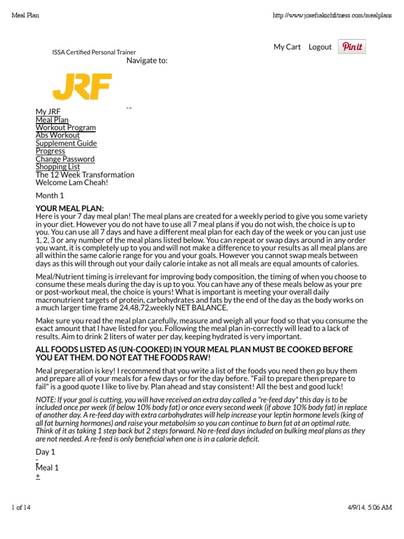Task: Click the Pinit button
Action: coord(352,47)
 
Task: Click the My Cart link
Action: coord(287,47)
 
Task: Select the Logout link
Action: coord(320,47)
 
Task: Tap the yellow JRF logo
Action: coord(82,87)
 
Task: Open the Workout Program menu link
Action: coord(66,127)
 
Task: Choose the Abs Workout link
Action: coord(58,135)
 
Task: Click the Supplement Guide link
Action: coord(66,143)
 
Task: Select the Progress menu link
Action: coord(50,151)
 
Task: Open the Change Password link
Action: coord(65,159)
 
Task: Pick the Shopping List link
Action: coord(58,167)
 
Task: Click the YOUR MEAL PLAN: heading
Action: coord(70,208)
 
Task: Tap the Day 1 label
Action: coord(45,452)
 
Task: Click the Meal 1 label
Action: coord(47,468)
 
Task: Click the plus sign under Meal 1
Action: coord(38,476)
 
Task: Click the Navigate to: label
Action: coord(147,61)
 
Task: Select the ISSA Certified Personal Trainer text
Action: coord(94,53)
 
